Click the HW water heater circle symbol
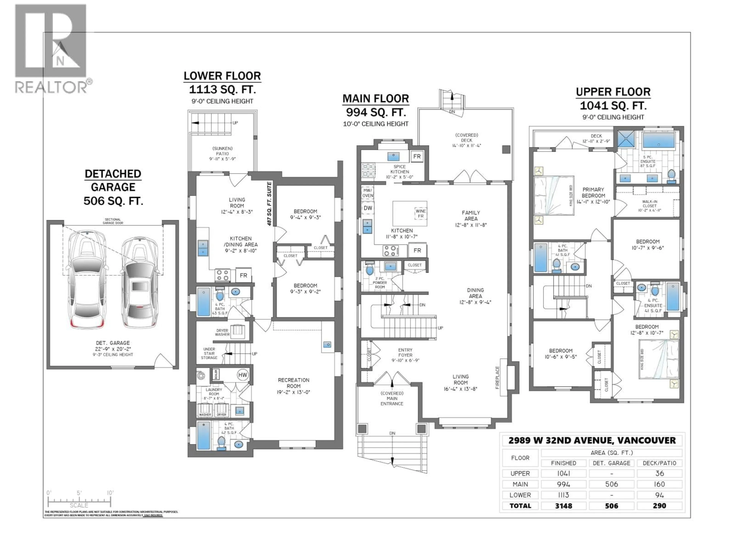tap(243, 375)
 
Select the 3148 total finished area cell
tap(563, 506)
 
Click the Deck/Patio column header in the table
tap(659, 463)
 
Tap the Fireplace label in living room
tap(497, 377)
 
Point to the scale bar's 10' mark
tap(110, 493)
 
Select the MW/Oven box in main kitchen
tap(368, 193)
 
